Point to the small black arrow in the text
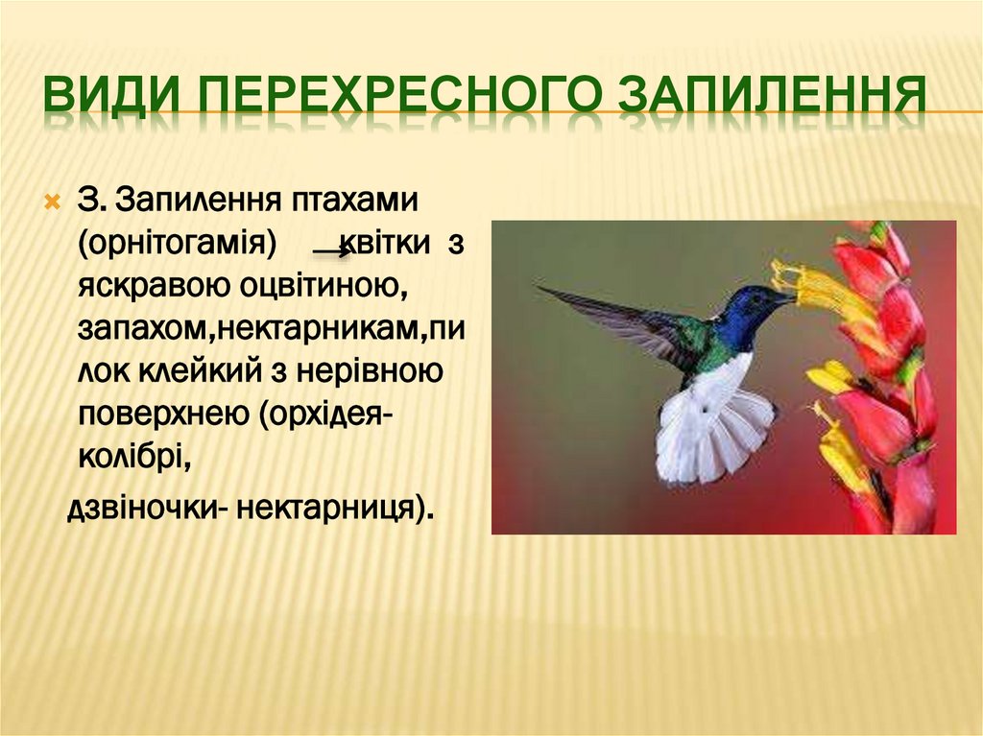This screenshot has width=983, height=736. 333,251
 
